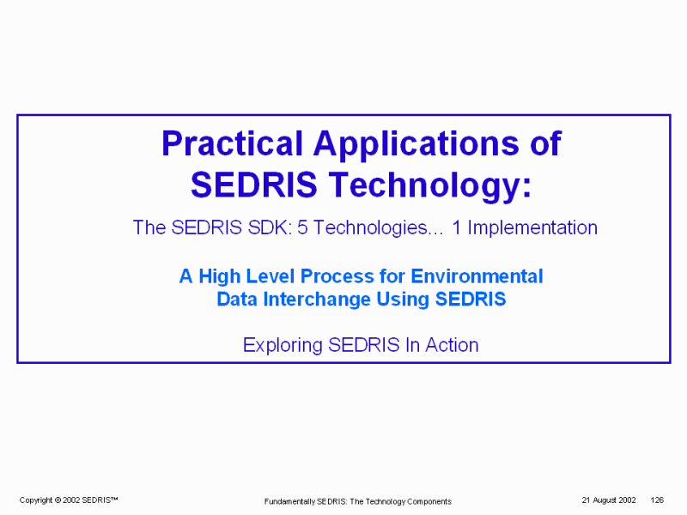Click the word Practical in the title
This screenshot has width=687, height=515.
[x=232, y=143]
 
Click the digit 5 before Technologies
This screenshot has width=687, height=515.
[x=302, y=227]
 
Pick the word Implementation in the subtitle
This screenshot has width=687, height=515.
[x=532, y=228]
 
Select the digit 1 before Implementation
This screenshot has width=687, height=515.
[x=457, y=227]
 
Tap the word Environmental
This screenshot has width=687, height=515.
[x=477, y=276]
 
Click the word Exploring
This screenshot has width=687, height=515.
[x=283, y=346]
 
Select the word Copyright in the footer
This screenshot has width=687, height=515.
[x=36, y=500]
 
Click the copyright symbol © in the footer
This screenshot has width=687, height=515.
[x=58, y=500]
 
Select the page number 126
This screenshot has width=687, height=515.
[x=657, y=500]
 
